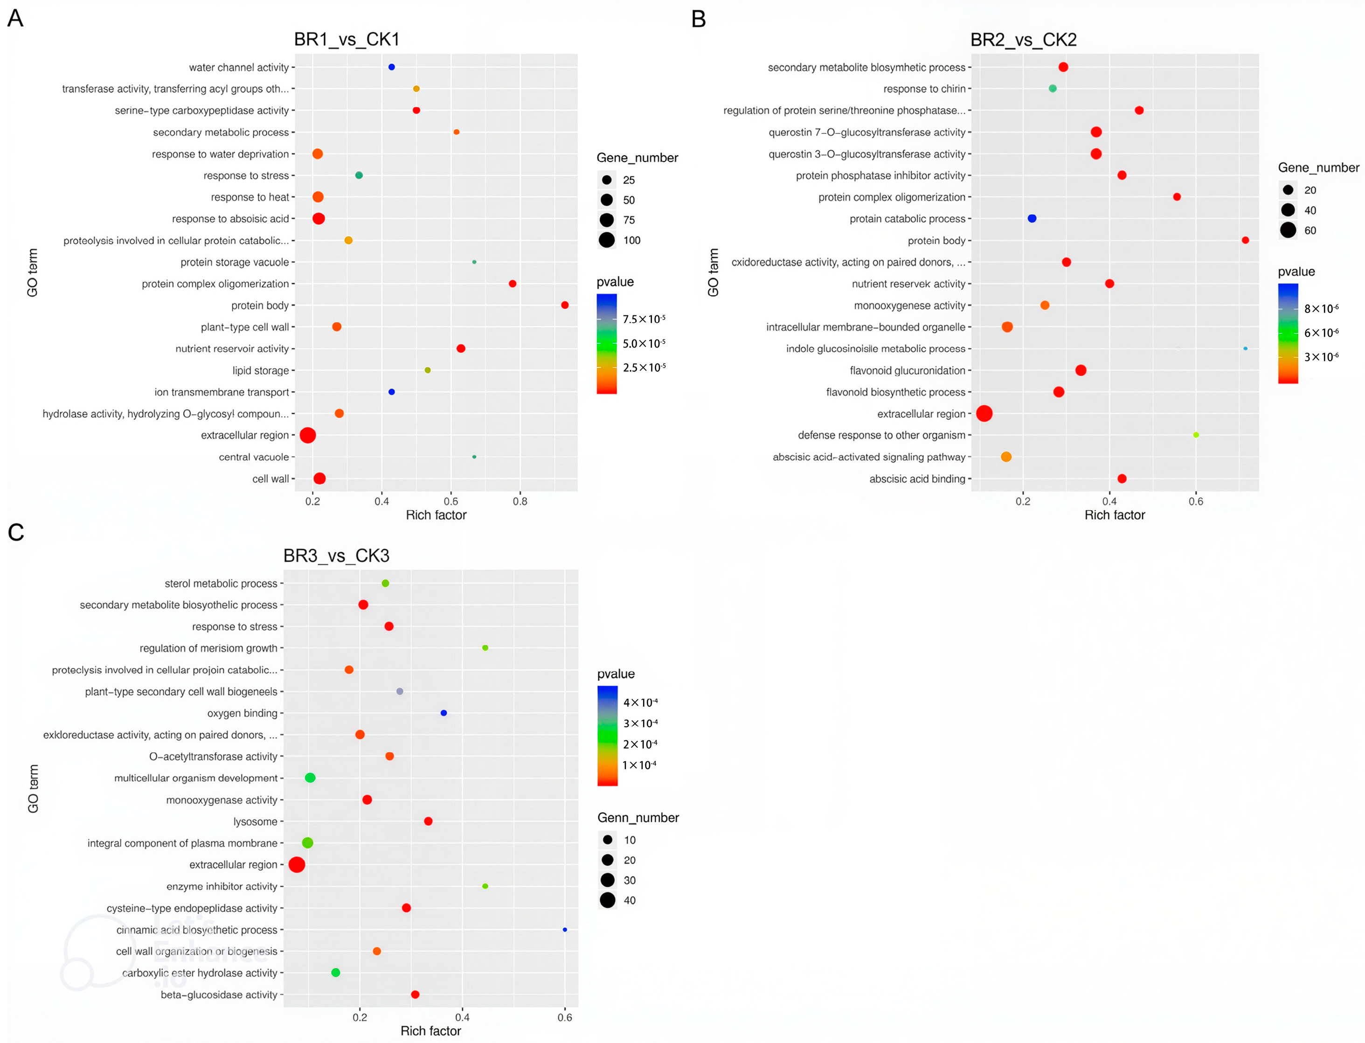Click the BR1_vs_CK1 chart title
[346, 40]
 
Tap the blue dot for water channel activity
[391, 67]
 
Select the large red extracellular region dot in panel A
[307, 435]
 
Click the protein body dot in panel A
[564, 305]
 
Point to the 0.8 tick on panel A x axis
[520, 501]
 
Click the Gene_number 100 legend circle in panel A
[606, 240]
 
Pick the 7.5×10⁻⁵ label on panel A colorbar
[644, 319]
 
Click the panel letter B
[698, 19]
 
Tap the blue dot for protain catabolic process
[1032, 218]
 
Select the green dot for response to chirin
[1052, 89]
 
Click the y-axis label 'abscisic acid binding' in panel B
[917, 479]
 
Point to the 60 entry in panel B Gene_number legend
[1310, 230]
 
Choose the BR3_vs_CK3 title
[336, 556]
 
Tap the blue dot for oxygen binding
[443, 713]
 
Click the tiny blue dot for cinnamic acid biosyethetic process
[564, 929]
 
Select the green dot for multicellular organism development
[311, 778]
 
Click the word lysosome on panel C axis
[255, 821]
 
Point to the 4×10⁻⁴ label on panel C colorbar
[640, 702]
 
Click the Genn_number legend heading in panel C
[637, 818]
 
